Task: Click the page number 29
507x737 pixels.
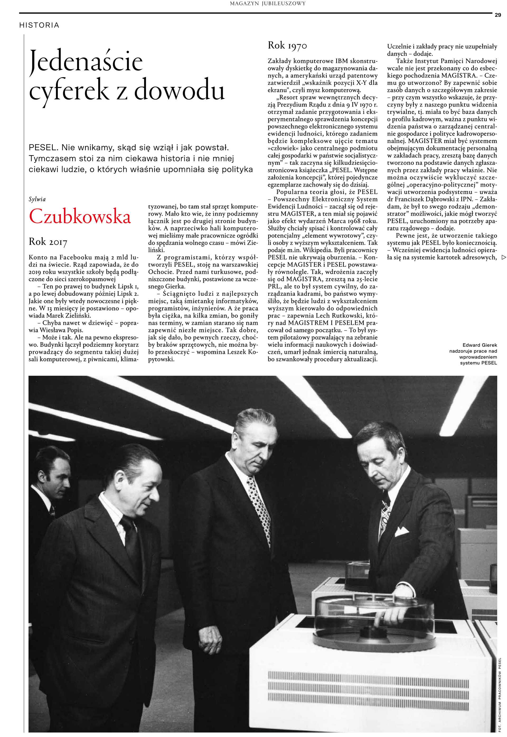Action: (x=497, y=15)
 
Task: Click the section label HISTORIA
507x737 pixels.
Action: (x=39, y=25)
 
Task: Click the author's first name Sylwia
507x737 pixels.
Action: (x=37, y=199)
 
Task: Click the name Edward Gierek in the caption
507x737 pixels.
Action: (x=480, y=345)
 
